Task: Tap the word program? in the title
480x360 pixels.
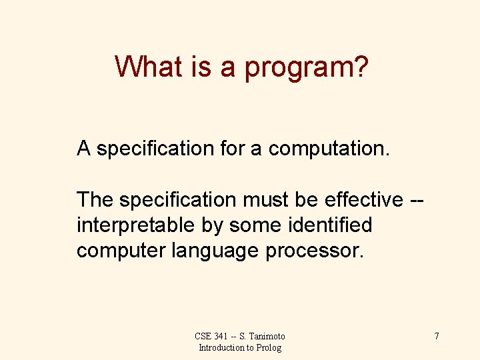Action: coord(306,67)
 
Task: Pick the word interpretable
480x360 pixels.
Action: coord(136,225)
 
